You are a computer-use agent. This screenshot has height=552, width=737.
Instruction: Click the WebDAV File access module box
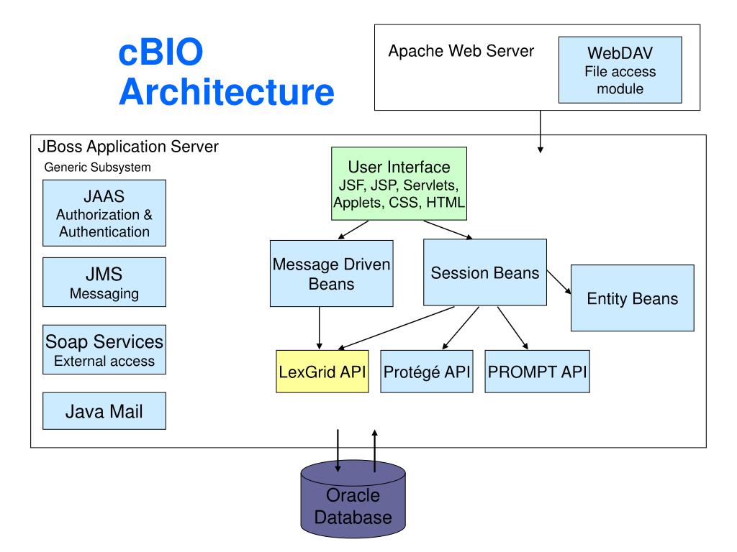[620, 70]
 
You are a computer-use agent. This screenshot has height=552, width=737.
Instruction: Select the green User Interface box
[399, 183]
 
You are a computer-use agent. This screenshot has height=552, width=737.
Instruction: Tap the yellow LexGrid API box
[322, 372]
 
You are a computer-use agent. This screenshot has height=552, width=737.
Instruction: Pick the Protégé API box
[426, 372]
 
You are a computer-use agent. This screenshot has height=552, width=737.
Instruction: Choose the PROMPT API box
[537, 372]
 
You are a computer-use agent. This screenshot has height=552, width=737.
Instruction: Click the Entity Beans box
[632, 298]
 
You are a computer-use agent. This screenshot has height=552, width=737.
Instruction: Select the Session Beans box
[485, 272]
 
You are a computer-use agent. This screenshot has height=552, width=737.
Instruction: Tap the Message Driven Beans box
[331, 274]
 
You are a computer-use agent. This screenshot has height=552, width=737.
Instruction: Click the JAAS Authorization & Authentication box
[104, 213]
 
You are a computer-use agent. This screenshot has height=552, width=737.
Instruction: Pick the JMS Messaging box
[104, 282]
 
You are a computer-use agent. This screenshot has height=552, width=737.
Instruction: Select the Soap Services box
[104, 350]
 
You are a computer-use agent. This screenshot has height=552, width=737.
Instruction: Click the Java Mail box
[104, 410]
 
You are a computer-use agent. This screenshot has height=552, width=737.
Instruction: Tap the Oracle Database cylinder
[353, 499]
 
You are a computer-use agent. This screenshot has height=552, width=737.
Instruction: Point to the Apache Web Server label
[461, 51]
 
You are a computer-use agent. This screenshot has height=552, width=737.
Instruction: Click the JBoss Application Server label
[128, 147]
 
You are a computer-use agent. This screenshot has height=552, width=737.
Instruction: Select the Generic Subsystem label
[97, 167]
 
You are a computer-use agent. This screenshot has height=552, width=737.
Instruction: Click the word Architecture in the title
[227, 91]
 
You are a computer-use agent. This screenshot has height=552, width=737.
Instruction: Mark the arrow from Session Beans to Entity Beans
[559, 282]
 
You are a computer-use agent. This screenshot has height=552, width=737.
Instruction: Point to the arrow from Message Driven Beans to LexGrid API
[319, 328]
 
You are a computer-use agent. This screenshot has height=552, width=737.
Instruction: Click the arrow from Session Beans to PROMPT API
[512, 328]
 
